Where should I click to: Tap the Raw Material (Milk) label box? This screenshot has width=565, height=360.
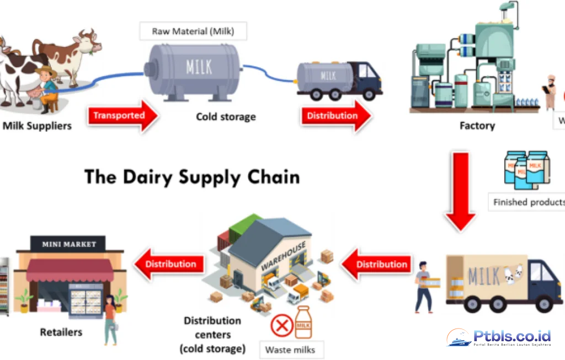193,31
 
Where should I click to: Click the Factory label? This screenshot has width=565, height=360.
477,126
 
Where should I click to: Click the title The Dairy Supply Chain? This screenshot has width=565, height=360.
192,177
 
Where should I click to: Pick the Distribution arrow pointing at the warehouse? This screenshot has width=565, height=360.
377,265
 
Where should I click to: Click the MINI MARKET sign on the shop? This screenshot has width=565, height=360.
69,244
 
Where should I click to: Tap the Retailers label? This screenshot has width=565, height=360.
61,332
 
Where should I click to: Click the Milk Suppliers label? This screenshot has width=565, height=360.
37,126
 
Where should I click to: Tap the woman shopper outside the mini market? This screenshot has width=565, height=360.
110,319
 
